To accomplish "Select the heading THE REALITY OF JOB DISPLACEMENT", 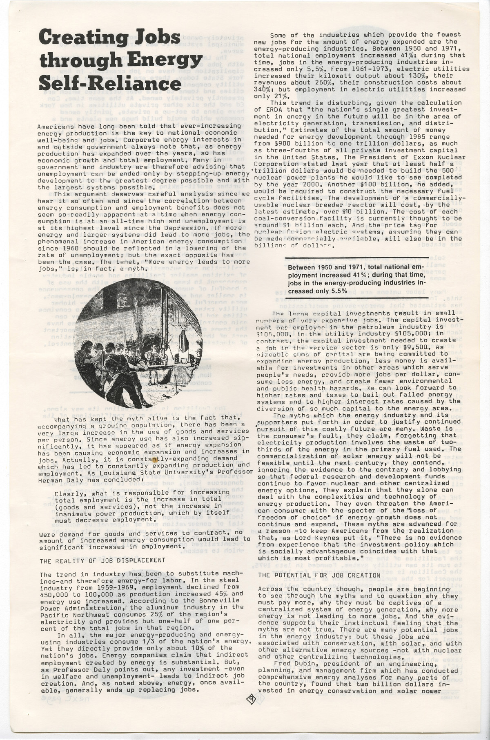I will point(97,560).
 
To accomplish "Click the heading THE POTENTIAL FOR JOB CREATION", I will point(319,575).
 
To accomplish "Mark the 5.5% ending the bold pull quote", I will point(338,291).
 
